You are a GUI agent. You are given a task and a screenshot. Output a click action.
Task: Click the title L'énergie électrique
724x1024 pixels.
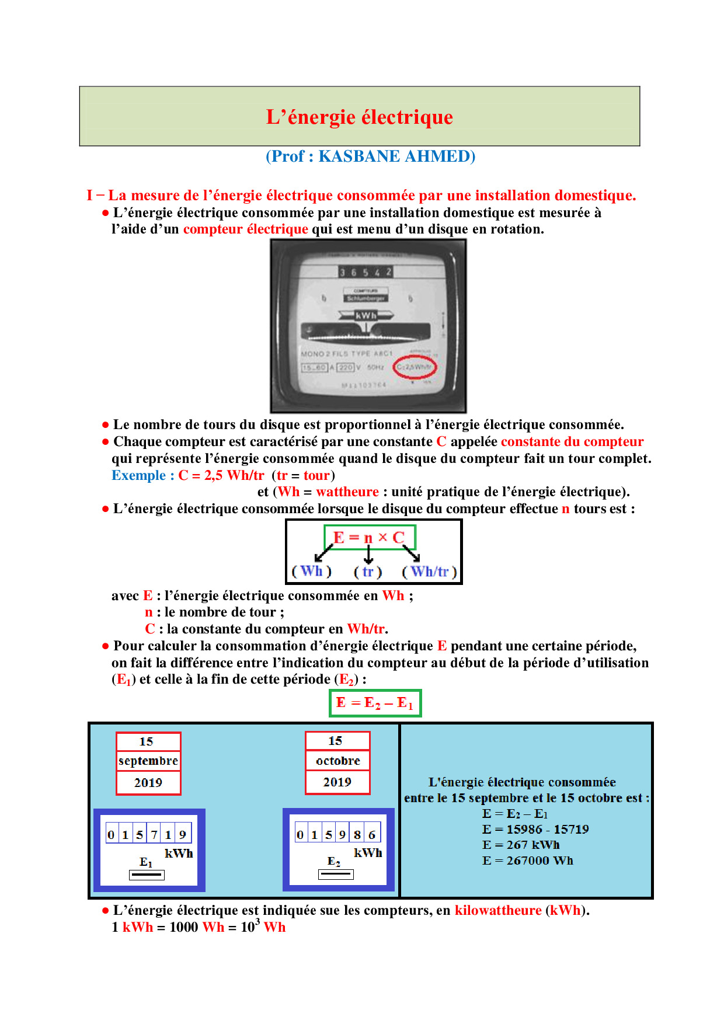(359, 117)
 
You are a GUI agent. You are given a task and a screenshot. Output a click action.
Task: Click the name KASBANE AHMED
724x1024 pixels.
(396, 156)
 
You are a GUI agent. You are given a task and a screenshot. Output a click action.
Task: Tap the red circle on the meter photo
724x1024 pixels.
(415, 367)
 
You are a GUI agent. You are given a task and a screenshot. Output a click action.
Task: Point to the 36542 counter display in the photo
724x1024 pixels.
(366, 272)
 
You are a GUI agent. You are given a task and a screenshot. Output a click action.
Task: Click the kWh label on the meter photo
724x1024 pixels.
(366, 315)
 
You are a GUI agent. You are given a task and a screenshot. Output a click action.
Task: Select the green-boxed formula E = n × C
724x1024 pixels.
(369, 537)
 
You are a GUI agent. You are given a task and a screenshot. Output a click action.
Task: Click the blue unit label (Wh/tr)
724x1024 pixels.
(429, 572)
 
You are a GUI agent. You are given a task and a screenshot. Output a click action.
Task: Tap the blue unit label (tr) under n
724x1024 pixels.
(368, 572)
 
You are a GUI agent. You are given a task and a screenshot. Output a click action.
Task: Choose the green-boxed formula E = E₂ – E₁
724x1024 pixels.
(375, 703)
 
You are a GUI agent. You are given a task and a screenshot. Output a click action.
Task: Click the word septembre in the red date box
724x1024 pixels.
(148, 761)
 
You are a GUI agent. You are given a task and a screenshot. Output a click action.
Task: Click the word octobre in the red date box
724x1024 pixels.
(337, 761)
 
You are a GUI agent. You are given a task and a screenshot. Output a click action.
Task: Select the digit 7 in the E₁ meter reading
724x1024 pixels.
(154, 835)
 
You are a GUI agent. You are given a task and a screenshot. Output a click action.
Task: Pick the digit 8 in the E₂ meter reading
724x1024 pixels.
(357, 835)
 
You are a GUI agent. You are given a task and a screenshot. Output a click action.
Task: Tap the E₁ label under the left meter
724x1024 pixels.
(146, 862)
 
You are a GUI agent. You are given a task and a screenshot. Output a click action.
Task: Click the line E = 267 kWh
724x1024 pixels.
(520, 845)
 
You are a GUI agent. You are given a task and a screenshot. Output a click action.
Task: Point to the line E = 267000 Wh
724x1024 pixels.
(527, 861)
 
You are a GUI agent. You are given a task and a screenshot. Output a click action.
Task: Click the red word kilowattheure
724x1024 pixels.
(498, 910)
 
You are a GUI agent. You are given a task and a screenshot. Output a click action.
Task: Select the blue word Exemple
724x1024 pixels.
(139, 475)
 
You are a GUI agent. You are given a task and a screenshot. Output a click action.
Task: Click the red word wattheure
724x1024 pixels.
(347, 492)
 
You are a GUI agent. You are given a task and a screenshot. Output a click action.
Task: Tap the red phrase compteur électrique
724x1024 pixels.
(245, 229)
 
